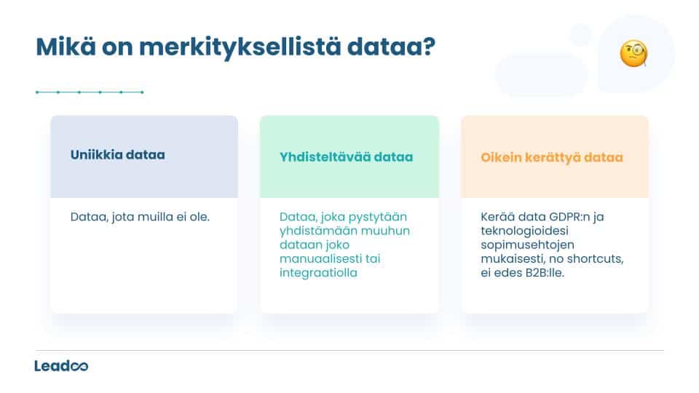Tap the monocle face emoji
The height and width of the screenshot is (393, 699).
coord(633,54)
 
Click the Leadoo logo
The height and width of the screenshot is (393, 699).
coord(61,365)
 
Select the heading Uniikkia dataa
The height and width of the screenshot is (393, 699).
coord(117,155)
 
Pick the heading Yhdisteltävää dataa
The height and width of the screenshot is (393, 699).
coord(346,156)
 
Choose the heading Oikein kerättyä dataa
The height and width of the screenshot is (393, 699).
coord(551,156)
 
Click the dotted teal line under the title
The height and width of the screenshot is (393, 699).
coord(89,92)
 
